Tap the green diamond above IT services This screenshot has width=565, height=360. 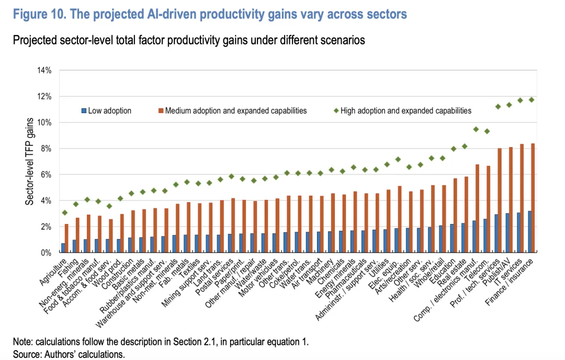tap(520, 100)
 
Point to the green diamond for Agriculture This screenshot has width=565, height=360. tap(64, 212)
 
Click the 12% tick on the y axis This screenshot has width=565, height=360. tap(44, 96)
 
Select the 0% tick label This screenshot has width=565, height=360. tap(46, 253)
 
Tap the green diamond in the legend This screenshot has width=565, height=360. tap(336, 110)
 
